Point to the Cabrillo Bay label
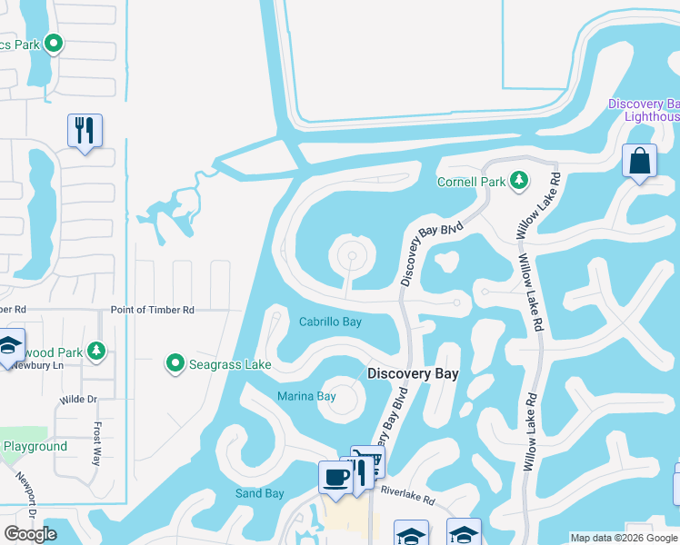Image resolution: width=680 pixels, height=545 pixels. click(331, 322)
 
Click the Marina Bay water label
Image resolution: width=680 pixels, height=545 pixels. click(306, 395)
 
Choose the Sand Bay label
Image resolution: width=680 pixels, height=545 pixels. click(260, 493)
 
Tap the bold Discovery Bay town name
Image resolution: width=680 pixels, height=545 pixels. click(413, 373)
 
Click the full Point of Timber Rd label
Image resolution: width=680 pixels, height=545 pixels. click(153, 310)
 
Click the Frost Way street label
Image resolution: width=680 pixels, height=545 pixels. click(96, 443)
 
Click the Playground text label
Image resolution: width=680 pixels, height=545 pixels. click(35, 446)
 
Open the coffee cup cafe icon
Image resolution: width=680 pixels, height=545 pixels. click(335, 477)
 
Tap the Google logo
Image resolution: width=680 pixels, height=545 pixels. click(30, 534)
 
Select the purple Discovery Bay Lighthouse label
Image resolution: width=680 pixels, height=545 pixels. click(644, 110)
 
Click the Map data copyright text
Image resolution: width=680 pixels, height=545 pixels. click(624, 538)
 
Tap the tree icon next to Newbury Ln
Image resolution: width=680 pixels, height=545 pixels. click(95, 351)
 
